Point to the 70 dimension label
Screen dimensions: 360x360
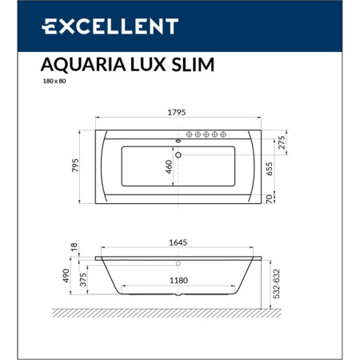[x=269, y=198]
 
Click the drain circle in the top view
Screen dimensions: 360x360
[x=179, y=154]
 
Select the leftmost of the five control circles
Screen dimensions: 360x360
[x=190, y=134]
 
